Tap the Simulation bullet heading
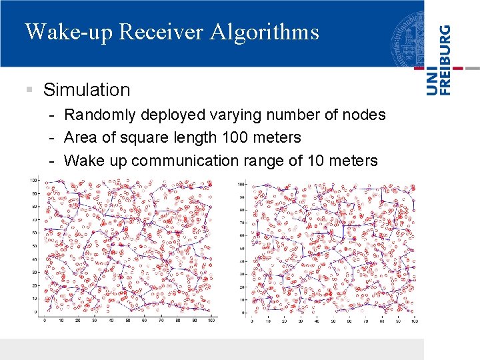[87, 89]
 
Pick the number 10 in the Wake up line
[309, 161]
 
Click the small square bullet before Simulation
[29, 89]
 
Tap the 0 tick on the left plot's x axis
[45, 321]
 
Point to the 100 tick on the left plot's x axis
[211, 321]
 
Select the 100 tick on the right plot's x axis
[414, 321]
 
